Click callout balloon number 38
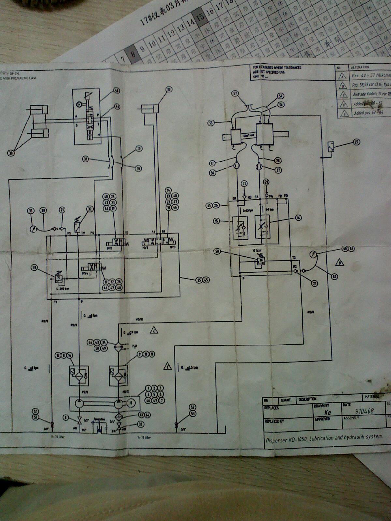click(11, 153)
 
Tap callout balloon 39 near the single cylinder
click(168, 90)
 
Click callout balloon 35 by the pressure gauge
click(31, 211)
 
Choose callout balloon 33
click(141, 424)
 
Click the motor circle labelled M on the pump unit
click(131, 403)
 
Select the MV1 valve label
click(109, 248)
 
